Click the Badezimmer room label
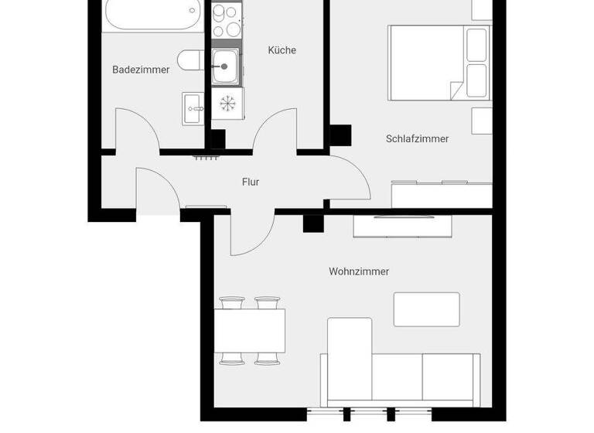click(x=141, y=70)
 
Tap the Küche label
click(x=282, y=50)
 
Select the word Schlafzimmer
click(x=417, y=139)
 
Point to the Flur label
click(x=250, y=182)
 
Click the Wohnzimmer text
click(x=358, y=271)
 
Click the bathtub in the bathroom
click(x=152, y=14)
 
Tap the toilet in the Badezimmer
click(x=189, y=60)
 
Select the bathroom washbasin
click(x=193, y=107)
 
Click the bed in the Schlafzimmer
click(x=439, y=62)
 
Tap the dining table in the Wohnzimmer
click(x=249, y=330)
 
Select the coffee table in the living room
click(x=426, y=309)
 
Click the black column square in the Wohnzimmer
click(x=312, y=223)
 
